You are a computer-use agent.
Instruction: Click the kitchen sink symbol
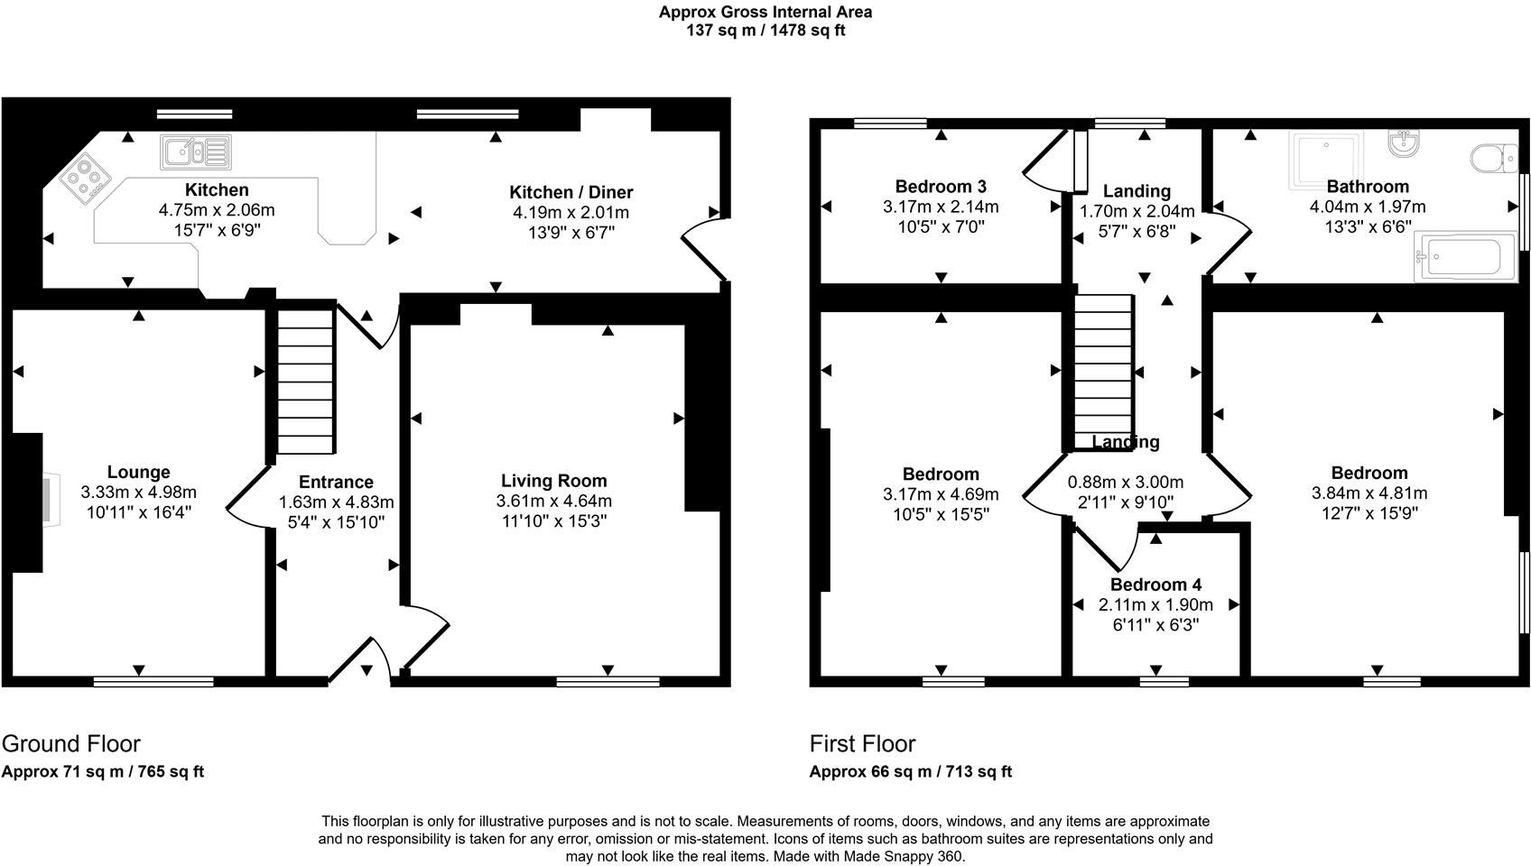(x=196, y=152)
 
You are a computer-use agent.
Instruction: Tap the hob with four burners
(x=85, y=177)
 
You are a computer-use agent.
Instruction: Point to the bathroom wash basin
(x=1402, y=144)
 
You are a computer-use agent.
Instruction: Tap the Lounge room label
(x=138, y=472)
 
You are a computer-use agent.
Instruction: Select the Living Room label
(x=553, y=481)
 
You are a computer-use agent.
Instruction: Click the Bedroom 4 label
(x=1155, y=585)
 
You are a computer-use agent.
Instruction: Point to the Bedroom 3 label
(x=941, y=187)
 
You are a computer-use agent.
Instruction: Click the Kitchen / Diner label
(x=571, y=192)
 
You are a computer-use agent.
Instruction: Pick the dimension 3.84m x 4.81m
(x=1369, y=493)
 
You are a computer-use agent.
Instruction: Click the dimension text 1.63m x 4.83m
(x=336, y=502)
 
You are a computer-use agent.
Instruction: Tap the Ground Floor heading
(x=70, y=744)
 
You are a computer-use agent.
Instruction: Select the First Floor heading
(x=862, y=744)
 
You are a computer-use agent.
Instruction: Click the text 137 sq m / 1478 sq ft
(x=765, y=31)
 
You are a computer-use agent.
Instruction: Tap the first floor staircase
(x=1103, y=372)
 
